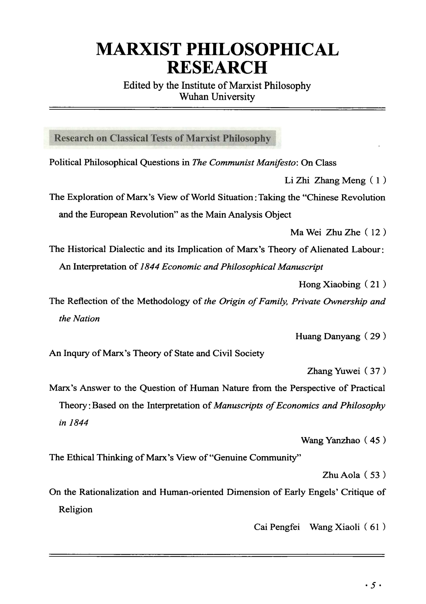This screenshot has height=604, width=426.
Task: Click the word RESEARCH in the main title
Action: click(x=217, y=67)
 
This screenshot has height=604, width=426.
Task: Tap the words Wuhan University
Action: click(x=217, y=97)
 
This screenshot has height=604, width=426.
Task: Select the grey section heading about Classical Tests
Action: click(x=162, y=138)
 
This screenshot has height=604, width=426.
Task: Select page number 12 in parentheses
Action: click(x=375, y=232)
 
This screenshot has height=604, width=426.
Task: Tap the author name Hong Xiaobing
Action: click(x=329, y=284)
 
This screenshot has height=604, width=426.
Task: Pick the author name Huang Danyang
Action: click(x=328, y=336)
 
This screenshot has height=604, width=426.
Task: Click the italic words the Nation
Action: click(x=79, y=319)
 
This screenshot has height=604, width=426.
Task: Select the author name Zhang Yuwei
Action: click(x=333, y=371)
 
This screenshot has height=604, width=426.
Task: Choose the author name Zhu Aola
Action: click(x=341, y=475)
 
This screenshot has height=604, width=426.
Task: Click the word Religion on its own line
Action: click(x=76, y=509)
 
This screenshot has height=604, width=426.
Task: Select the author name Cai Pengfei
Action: click(x=277, y=527)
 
